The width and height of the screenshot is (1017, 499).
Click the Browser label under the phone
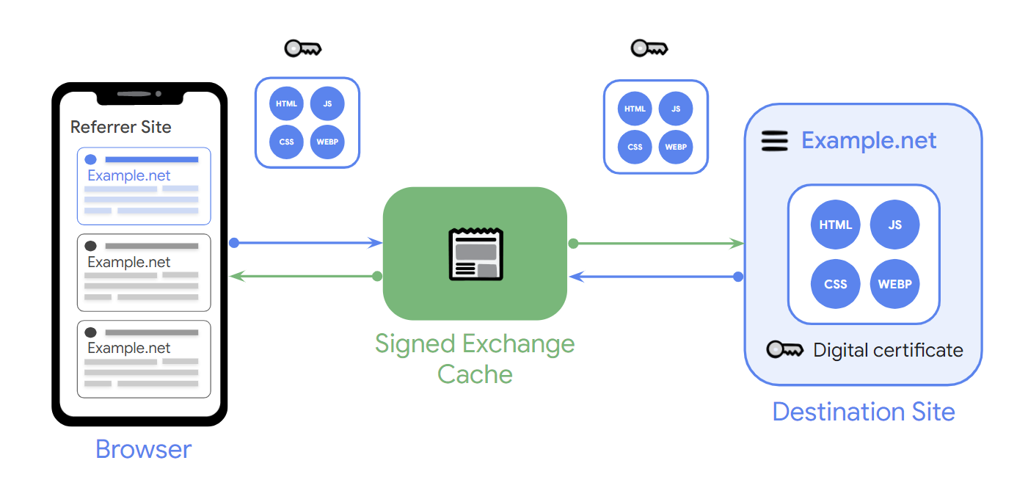(x=143, y=448)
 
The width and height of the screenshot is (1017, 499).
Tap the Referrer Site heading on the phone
(x=120, y=127)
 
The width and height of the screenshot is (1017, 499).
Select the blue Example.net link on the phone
(x=129, y=175)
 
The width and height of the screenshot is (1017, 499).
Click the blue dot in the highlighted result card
(x=90, y=159)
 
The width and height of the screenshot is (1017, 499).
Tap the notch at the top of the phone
(x=139, y=94)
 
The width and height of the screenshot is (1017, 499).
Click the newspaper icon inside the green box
(x=475, y=254)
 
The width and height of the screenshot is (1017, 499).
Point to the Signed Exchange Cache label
(x=475, y=358)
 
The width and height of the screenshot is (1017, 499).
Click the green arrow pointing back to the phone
(x=305, y=277)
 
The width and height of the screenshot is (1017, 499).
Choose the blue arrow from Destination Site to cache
(x=656, y=277)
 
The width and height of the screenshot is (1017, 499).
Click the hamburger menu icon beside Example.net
(x=774, y=140)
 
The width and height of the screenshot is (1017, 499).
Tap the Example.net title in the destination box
(x=869, y=140)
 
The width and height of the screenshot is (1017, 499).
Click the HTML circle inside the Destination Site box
(x=835, y=225)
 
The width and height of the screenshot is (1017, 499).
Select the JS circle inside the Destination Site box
(x=894, y=225)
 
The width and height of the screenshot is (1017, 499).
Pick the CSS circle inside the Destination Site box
(x=835, y=284)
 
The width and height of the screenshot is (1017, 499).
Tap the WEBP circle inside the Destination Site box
(x=894, y=284)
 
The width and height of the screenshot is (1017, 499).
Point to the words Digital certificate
(x=888, y=350)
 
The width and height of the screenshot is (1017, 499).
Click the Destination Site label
(x=864, y=412)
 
